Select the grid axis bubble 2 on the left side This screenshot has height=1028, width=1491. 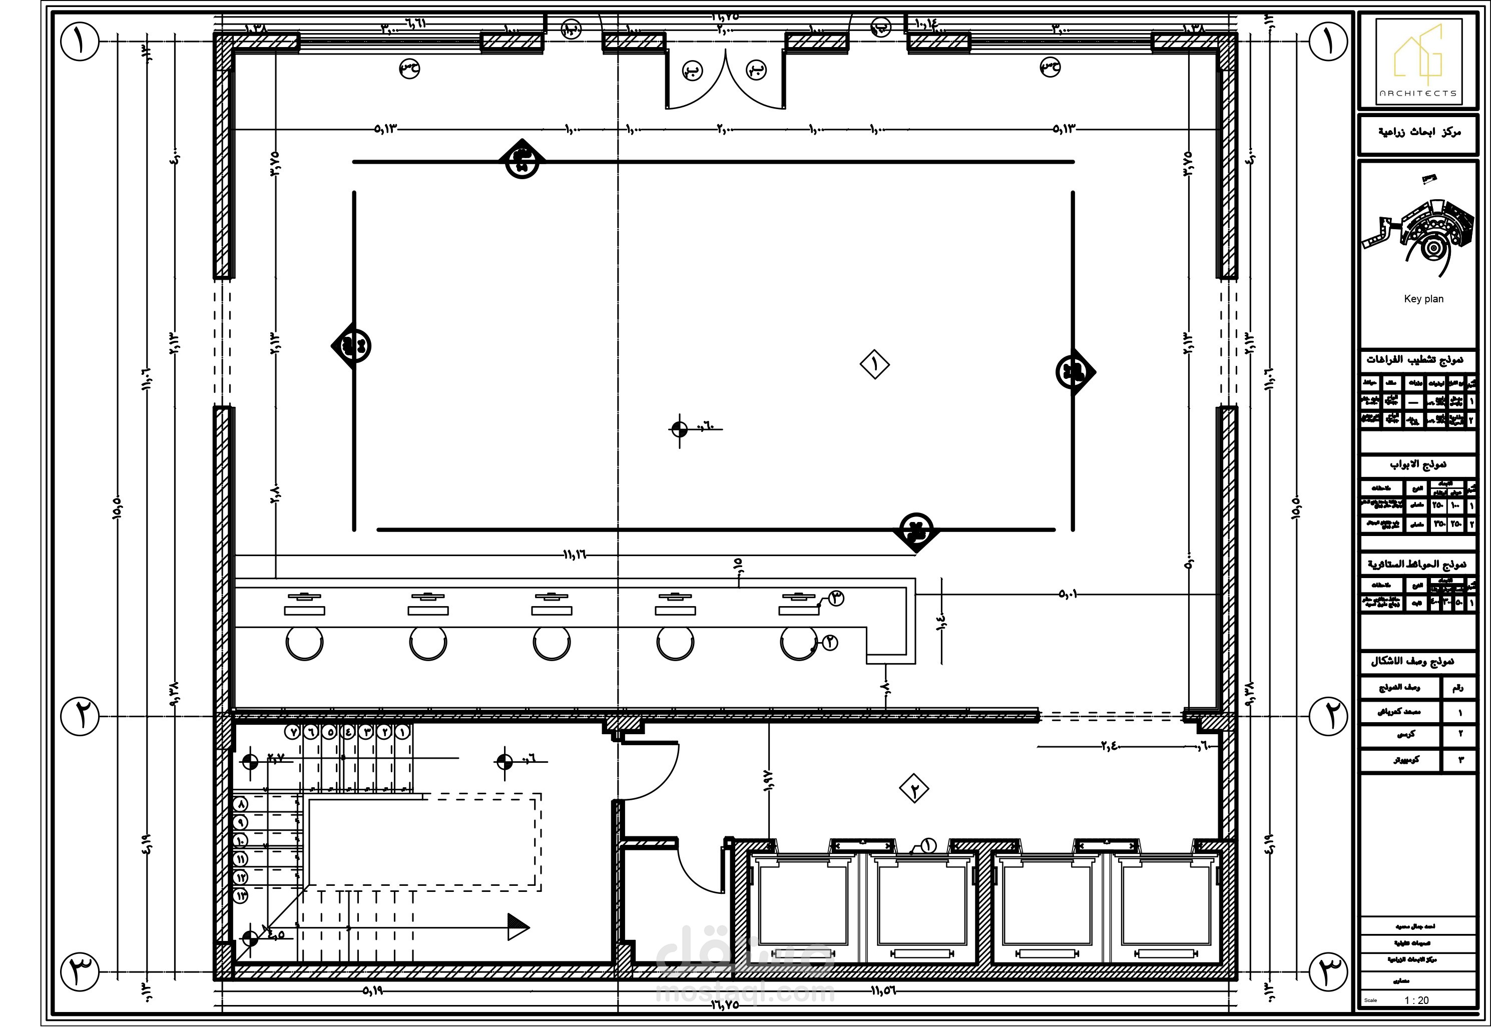80,716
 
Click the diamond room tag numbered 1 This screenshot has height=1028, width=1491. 875,364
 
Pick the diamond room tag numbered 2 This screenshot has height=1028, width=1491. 914,789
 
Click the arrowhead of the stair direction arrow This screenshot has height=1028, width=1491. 519,927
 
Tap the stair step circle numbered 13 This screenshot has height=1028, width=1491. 241,896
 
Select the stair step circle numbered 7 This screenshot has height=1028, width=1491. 293,732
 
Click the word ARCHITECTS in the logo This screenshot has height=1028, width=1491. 1417,94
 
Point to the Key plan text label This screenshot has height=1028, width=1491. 1423,299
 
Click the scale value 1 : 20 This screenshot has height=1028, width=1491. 1416,1000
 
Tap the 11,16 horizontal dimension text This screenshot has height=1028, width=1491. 575,555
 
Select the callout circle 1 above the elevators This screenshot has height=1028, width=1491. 928,845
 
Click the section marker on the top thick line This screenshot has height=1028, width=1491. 523,160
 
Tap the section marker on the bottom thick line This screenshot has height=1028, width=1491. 916,531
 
